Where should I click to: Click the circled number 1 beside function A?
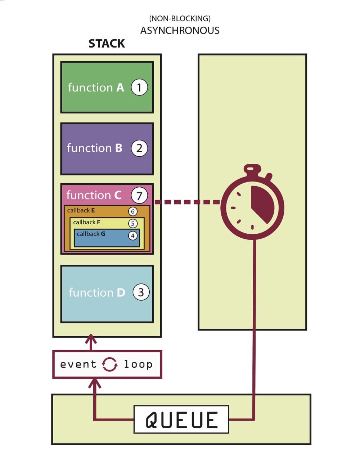pos(139,88)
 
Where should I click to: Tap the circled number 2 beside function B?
pos(139,148)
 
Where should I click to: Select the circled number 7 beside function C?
pos(139,196)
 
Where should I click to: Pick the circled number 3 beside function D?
pos(141,292)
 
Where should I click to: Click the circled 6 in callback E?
pos(133,211)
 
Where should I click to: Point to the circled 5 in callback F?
pos(133,223)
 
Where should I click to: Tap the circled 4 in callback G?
pos(133,236)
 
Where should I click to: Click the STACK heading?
pos(107,44)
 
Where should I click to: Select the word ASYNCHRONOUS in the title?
pos(180,31)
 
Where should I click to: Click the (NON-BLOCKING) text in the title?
pos(180,18)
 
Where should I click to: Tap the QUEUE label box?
pos(181,420)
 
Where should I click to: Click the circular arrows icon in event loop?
pos(109,364)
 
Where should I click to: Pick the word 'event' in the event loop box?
pos(78,364)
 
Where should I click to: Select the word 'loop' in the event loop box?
pos(138,364)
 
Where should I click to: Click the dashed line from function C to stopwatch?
pos(187,202)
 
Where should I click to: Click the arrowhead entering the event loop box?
pos(95,382)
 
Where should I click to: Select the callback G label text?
pos(91,234)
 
